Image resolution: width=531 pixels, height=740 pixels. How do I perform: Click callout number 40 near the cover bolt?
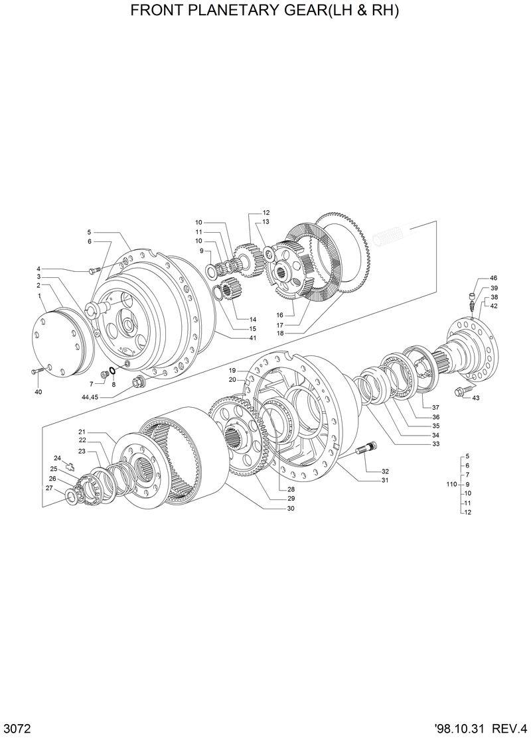38,393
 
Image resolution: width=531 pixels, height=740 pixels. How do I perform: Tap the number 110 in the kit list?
451,485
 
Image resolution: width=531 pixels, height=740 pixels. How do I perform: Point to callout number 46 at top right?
494,278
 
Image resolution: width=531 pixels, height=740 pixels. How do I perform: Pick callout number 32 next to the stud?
385,471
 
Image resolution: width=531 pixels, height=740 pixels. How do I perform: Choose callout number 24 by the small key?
58,458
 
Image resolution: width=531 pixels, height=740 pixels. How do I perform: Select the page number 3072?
17,727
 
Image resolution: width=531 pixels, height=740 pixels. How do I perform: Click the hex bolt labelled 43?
460,393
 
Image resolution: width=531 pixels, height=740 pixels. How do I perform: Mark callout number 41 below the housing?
253,338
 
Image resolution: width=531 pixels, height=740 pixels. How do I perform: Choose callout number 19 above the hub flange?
233,370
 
